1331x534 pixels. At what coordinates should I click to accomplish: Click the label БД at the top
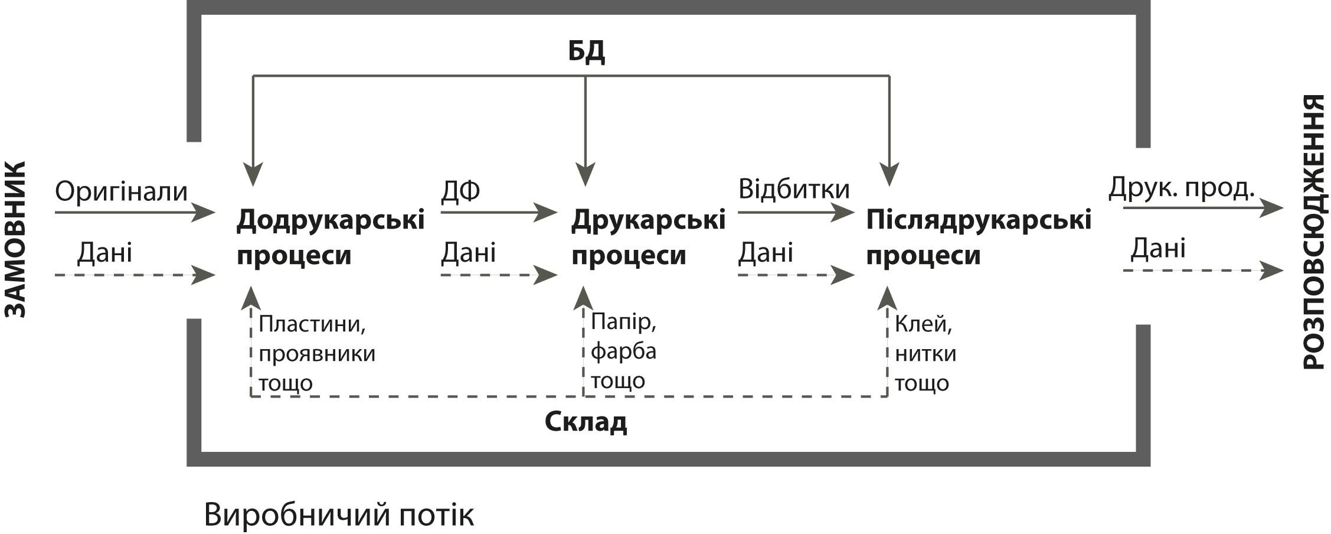pyautogui.click(x=586, y=52)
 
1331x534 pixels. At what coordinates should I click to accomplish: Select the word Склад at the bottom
pyautogui.click(x=586, y=422)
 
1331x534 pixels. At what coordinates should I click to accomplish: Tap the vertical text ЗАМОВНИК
pyautogui.click(x=17, y=239)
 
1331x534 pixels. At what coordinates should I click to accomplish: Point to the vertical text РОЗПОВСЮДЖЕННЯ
pyautogui.click(x=1314, y=232)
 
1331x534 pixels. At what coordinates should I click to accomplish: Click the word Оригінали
pyautogui.click(x=121, y=191)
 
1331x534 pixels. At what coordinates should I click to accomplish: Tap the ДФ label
pyautogui.click(x=460, y=190)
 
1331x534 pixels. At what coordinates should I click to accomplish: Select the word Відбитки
pyautogui.click(x=794, y=189)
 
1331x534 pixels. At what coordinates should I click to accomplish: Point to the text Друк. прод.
pyautogui.click(x=1181, y=187)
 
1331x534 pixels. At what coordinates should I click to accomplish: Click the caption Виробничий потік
pyautogui.click(x=338, y=515)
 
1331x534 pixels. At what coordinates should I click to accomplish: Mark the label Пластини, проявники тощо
pyautogui.click(x=317, y=353)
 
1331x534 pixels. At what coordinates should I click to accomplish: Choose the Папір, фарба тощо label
pyautogui.click(x=623, y=351)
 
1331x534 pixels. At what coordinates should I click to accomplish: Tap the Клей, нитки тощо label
pyautogui.click(x=925, y=353)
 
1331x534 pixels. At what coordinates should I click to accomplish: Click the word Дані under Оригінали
pyautogui.click(x=104, y=253)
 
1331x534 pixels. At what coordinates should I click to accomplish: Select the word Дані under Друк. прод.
pyautogui.click(x=1157, y=248)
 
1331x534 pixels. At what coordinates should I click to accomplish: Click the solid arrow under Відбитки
pyautogui.click(x=795, y=211)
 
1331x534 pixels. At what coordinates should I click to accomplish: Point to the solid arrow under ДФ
pyautogui.click(x=498, y=211)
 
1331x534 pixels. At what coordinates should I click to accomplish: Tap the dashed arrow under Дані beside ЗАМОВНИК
pyautogui.click(x=134, y=275)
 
